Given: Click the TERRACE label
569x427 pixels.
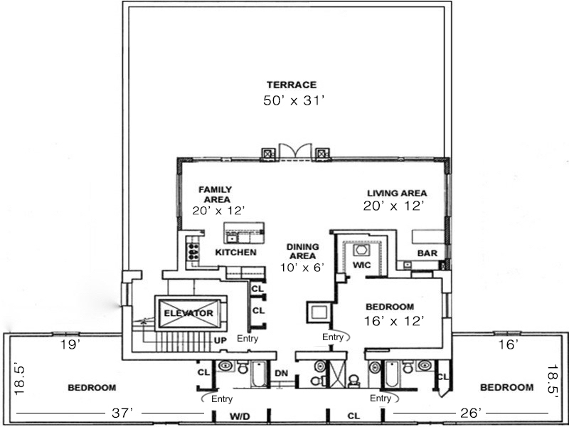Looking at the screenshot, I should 292,85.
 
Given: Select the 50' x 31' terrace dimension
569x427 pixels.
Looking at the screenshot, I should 294,101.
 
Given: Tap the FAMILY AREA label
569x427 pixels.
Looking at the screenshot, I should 216,194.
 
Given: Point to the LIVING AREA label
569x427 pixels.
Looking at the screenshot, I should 397,193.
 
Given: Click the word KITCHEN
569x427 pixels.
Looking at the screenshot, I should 235,253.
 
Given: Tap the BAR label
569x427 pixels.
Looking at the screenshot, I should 427,253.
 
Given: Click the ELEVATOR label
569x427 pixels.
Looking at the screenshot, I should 188,313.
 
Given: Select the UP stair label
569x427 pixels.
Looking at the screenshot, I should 220,340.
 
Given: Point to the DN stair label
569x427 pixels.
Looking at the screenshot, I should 281,373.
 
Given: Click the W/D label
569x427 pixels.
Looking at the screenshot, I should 238,415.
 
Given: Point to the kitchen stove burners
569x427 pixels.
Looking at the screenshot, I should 192,251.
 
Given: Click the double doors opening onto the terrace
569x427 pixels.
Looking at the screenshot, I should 294,152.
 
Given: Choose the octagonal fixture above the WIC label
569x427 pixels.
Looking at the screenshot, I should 359,251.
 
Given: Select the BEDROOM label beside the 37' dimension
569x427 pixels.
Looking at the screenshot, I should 92,388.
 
